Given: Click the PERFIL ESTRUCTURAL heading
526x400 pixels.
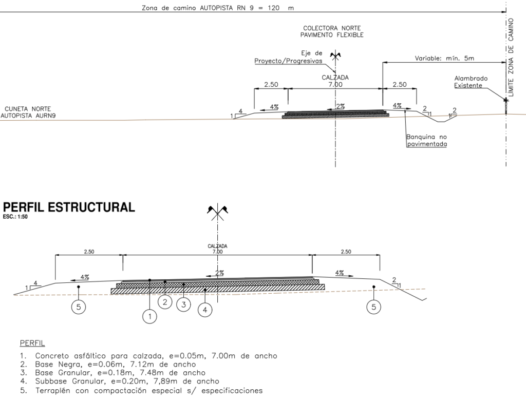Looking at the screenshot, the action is tap(69, 207).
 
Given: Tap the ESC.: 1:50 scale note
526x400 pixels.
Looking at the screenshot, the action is tap(15, 217).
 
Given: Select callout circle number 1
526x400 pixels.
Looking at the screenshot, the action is tap(149, 316).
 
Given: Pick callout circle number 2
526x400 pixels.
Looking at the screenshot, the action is tap(165, 302).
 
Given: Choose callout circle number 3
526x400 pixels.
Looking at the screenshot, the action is tap(183, 304).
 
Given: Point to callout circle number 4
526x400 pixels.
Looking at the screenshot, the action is tap(205, 310).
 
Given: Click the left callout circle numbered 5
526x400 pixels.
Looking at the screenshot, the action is tap(79, 307).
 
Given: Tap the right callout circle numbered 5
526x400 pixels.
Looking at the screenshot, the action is tap(374, 307).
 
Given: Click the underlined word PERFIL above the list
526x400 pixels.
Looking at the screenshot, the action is tap(32, 343).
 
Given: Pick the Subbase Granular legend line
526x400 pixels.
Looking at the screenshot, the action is tap(120, 382).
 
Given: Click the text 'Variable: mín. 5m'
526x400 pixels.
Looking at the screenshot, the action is tap(444, 59).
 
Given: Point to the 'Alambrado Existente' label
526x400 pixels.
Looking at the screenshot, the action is tap(471, 82).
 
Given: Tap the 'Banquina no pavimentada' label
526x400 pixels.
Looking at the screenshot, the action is tap(427, 141).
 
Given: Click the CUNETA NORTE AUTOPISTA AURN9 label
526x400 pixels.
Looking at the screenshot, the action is tap(28, 112).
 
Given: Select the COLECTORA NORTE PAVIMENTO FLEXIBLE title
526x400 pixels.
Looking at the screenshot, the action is tap(332, 31).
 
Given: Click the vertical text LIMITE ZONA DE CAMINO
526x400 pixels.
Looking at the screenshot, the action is tap(511, 58).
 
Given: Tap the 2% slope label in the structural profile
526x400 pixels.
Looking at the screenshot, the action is tap(219, 273).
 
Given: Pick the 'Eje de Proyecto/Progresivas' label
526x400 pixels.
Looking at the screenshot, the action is tap(289, 57).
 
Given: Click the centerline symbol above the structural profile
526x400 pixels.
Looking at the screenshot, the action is tap(217, 212).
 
